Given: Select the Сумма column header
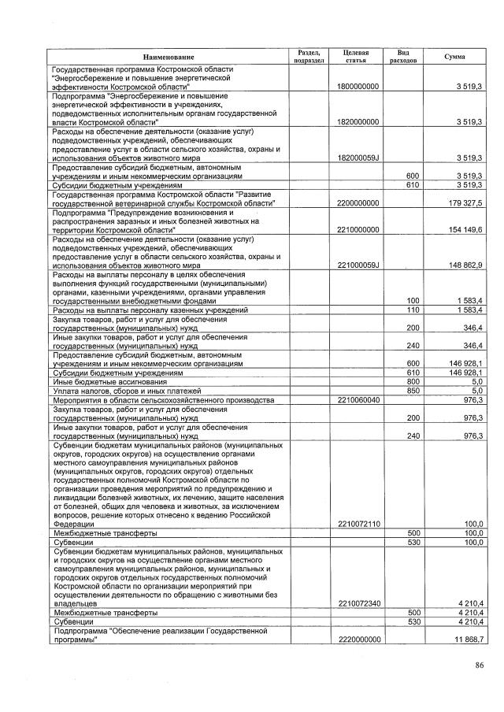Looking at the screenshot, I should pos(454,57).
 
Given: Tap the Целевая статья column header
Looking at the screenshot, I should pos(356,57).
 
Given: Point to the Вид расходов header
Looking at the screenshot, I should pos(402,57).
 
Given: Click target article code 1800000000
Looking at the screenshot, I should pos(358,86).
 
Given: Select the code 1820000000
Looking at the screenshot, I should pos(358,122).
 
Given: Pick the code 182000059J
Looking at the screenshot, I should pos(358,158).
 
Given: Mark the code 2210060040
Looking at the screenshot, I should pos(358,400).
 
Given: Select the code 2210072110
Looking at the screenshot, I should pos(358,524).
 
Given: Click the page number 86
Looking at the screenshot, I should pos(480,666).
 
